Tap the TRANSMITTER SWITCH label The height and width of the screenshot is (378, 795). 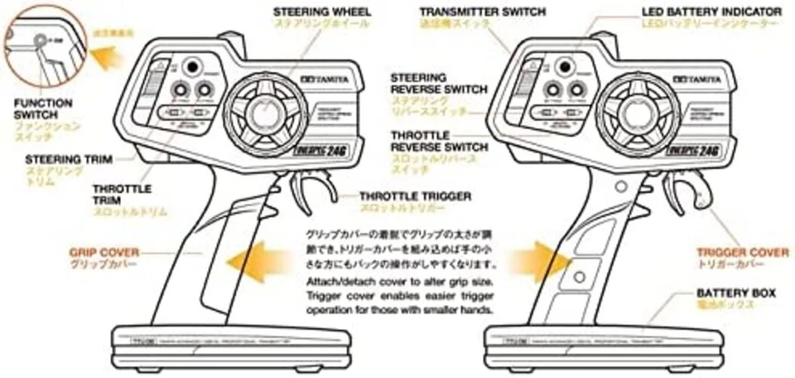pyautogui.click(x=482, y=12)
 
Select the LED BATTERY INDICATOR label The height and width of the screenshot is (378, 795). pyautogui.click(x=711, y=12)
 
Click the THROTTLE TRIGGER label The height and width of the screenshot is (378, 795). pyautogui.click(x=415, y=196)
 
